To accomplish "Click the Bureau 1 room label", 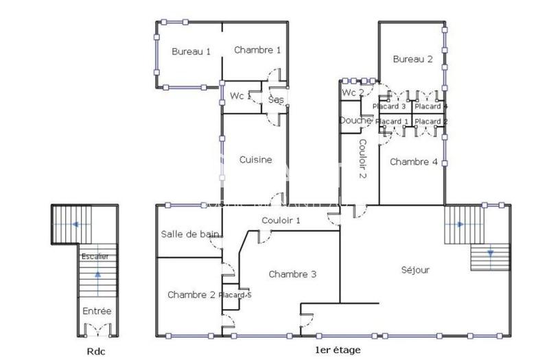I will [191, 51].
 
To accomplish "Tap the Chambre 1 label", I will [257, 49].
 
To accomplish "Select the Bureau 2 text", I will [412, 59].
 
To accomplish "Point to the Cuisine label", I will [255, 160].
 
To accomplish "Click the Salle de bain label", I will [190, 234].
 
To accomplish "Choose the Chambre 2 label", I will [191, 294].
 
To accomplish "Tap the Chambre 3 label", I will [292, 274].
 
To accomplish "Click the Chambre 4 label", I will [414, 162].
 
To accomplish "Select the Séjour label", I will [415, 270].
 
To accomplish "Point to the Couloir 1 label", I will [281, 220].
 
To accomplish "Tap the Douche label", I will [355, 120].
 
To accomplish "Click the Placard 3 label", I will [389, 106].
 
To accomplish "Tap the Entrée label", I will [97, 311].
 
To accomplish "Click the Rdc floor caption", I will [97, 350].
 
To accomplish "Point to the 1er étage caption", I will [336, 350].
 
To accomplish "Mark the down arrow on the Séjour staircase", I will [491, 253].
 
